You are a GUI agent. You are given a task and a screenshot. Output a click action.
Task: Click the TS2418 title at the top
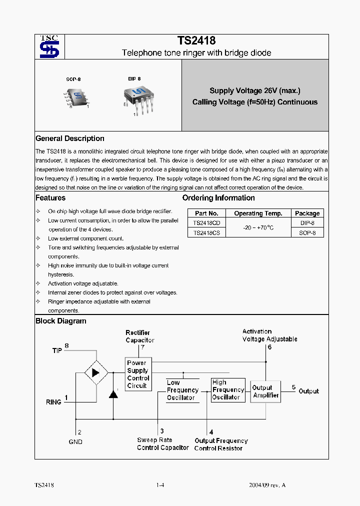[x=196, y=41]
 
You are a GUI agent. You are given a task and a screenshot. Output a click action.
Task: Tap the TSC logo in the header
[x=49, y=46]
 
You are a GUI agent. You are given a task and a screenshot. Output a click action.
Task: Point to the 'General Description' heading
[x=70, y=138]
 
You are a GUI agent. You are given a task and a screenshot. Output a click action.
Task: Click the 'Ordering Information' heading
[x=218, y=198]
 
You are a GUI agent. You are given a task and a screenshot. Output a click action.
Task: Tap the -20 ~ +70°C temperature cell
[x=258, y=227]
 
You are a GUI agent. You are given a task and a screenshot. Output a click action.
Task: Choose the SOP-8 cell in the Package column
[x=307, y=232]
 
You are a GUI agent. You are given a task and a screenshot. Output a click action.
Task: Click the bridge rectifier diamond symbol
[x=96, y=372]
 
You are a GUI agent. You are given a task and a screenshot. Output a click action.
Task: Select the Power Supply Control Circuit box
[x=138, y=374]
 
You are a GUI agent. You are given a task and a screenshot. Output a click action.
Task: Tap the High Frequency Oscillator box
[x=228, y=390]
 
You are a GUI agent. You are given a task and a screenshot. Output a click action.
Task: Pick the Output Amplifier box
[x=265, y=391]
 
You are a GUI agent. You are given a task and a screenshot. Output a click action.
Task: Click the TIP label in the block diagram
[x=57, y=350]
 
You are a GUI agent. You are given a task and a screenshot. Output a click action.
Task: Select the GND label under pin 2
[x=75, y=442]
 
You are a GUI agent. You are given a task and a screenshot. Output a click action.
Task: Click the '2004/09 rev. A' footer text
[x=267, y=485]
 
